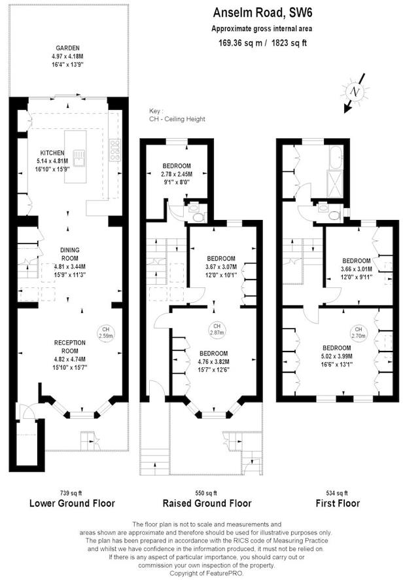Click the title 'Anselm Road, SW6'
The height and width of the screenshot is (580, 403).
tap(261, 12)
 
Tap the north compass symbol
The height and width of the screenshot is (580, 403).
tap(355, 92)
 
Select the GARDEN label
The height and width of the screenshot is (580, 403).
tap(67, 48)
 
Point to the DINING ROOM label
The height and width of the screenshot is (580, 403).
tap(69, 249)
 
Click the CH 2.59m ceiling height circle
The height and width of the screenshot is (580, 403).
tap(105, 332)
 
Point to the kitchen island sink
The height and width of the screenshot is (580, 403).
tap(80, 157)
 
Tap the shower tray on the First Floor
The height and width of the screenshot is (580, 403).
tap(336, 181)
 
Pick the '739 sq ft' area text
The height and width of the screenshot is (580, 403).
tap(73, 492)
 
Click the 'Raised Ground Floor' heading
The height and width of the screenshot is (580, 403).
tap(206, 503)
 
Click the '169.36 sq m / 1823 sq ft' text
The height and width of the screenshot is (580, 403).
tap(262, 43)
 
